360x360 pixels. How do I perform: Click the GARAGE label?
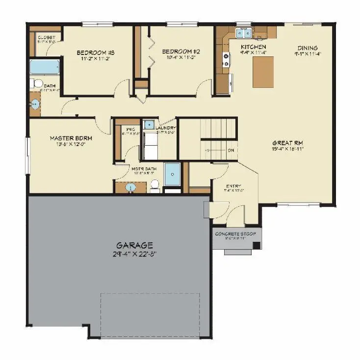click(134, 245)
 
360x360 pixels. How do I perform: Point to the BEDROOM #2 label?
click(181, 51)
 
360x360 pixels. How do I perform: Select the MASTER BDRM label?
click(71, 138)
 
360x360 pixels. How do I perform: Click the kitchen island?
click(263, 72)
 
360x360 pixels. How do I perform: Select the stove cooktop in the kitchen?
click(227, 60)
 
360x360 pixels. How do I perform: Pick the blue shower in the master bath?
click(172, 175)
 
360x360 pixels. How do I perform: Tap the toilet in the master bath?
click(155, 185)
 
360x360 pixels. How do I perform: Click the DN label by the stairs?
click(231, 150)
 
